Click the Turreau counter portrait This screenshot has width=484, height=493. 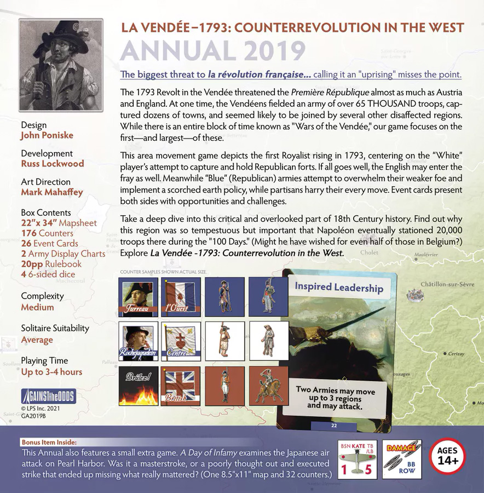click(x=138, y=297)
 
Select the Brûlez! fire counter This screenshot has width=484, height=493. click(x=138, y=386)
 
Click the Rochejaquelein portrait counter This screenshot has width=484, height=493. click(x=138, y=341)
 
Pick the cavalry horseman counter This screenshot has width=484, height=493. click(x=268, y=386)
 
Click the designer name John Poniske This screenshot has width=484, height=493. click(x=47, y=135)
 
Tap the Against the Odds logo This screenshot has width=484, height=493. click(x=48, y=397)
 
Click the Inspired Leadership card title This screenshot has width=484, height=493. click(x=338, y=287)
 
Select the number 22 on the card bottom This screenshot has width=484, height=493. click(x=334, y=425)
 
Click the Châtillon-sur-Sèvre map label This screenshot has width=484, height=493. click(x=447, y=284)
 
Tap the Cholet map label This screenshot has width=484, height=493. click(x=369, y=253)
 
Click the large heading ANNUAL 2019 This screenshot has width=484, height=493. click(x=212, y=51)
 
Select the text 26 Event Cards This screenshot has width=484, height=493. click(x=49, y=243)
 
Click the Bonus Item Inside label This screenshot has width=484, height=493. click(x=49, y=442)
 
